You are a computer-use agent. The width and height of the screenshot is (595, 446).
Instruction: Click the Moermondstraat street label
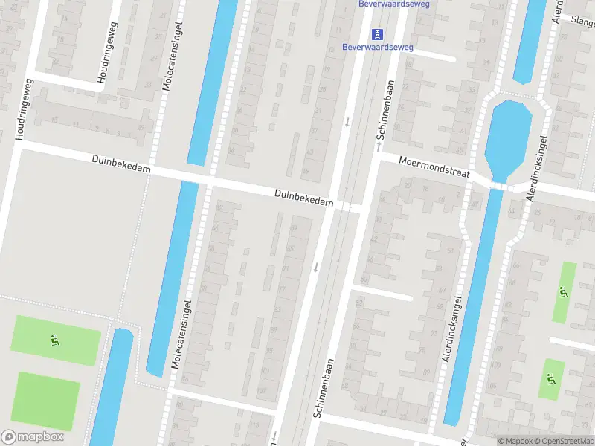point(434,166)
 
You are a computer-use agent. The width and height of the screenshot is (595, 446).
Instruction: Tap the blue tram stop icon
point(378,33)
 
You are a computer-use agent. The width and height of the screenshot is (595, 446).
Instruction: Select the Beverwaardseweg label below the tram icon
point(378,48)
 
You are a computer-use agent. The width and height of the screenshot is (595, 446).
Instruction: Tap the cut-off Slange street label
point(579,20)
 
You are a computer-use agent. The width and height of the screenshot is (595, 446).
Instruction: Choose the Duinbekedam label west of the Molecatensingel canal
point(122,165)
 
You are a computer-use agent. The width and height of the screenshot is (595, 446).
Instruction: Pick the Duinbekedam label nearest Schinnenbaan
point(303,197)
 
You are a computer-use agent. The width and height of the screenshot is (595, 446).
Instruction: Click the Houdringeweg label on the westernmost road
point(22,110)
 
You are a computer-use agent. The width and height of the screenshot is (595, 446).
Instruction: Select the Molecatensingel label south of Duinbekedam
point(181,334)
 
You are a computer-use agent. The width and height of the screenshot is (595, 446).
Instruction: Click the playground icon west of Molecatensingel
point(54,341)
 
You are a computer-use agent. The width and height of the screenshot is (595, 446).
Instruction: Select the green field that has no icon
point(48,400)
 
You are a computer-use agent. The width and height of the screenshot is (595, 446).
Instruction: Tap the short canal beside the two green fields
point(112,387)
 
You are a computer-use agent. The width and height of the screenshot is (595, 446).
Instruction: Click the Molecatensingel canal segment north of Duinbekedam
point(212,82)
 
